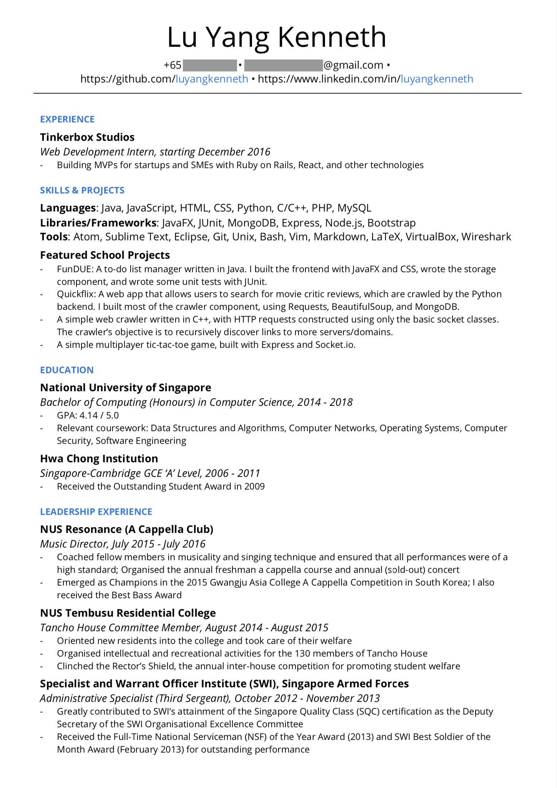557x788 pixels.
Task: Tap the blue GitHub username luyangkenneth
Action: pyautogui.click(x=212, y=79)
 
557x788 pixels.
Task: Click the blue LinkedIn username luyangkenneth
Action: pyautogui.click(x=437, y=79)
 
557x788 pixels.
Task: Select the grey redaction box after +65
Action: pyautogui.click(x=210, y=65)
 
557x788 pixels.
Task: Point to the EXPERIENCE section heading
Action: pyautogui.click(x=67, y=119)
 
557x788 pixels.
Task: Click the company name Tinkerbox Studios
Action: pyautogui.click(x=87, y=137)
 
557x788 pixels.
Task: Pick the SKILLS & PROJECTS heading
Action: pyautogui.click(x=82, y=190)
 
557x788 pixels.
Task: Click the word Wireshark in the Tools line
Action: pyautogui.click(x=486, y=237)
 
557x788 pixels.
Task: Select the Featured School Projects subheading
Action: pyautogui.click(x=105, y=255)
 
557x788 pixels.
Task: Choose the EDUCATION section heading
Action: pyautogui.click(x=67, y=370)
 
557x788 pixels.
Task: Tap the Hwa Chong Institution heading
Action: pyautogui.click(x=99, y=459)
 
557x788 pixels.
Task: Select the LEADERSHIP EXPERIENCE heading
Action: pyautogui.click(x=96, y=512)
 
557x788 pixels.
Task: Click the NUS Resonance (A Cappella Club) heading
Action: pyautogui.click(x=127, y=529)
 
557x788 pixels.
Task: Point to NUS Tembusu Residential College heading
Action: pyautogui.click(x=128, y=613)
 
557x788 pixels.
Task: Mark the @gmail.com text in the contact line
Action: pyautogui.click(x=353, y=65)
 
